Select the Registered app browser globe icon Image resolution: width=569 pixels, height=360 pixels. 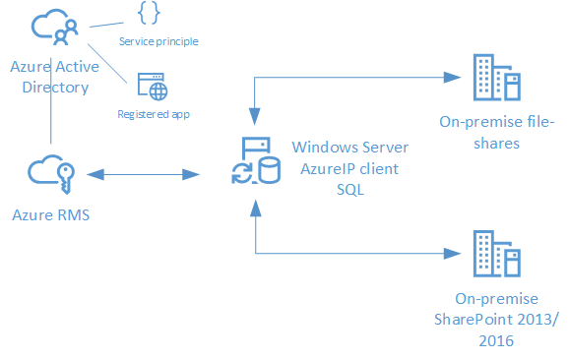152,86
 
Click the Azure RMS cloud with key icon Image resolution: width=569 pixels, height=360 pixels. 51,175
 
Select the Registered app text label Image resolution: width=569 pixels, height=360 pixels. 154,114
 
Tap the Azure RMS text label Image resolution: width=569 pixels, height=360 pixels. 50,213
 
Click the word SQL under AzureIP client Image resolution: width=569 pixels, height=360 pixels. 350,190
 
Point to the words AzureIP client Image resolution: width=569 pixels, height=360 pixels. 350,168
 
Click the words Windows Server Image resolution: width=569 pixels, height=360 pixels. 350,148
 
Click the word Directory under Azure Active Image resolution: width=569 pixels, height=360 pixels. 49,88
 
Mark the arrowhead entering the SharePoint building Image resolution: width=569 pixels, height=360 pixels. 455,253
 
